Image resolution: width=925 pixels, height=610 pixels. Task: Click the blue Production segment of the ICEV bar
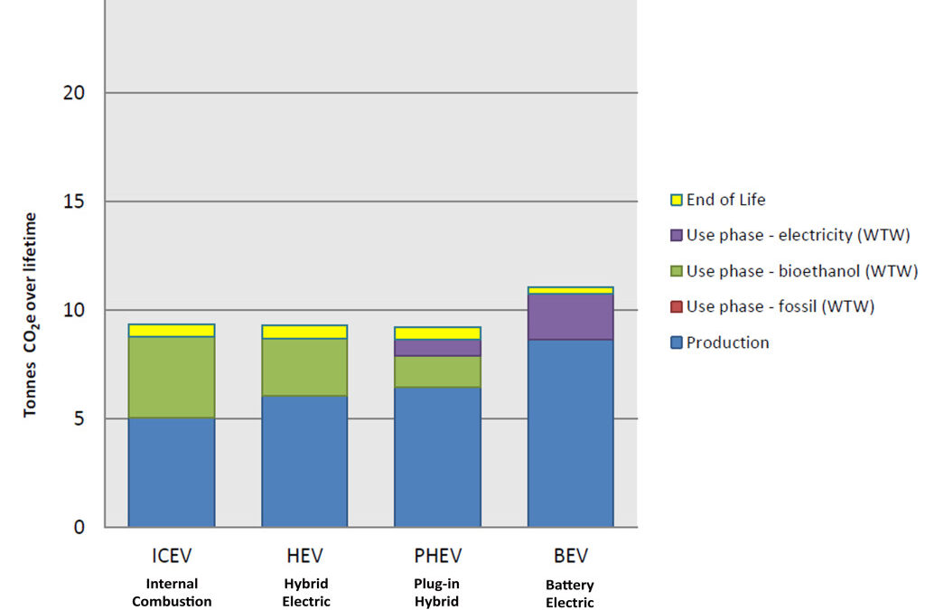[172, 472]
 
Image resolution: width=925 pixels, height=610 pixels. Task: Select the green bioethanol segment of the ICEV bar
[172, 377]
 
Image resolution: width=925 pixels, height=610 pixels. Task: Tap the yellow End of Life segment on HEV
[304, 332]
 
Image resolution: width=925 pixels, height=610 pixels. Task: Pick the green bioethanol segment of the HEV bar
[304, 367]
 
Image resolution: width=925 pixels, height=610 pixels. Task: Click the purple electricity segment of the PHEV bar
[437, 348]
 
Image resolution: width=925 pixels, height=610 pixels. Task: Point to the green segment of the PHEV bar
[437, 371]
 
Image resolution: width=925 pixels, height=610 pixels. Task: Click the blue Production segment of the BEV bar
[571, 433]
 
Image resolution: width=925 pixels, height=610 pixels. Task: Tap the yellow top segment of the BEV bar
[571, 290]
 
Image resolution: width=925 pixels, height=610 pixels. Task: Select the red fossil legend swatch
[676, 306]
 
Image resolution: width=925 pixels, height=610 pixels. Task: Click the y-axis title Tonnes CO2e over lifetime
[31, 314]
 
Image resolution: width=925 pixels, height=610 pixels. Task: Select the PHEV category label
[437, 555]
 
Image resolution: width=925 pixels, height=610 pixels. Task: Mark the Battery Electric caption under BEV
[570, 594]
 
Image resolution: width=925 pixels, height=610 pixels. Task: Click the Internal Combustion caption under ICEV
[172, 592]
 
